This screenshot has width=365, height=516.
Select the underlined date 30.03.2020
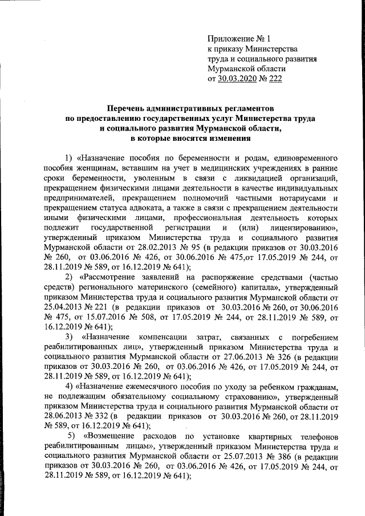click(237, 79)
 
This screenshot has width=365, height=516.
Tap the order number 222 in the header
click(275, 79)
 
